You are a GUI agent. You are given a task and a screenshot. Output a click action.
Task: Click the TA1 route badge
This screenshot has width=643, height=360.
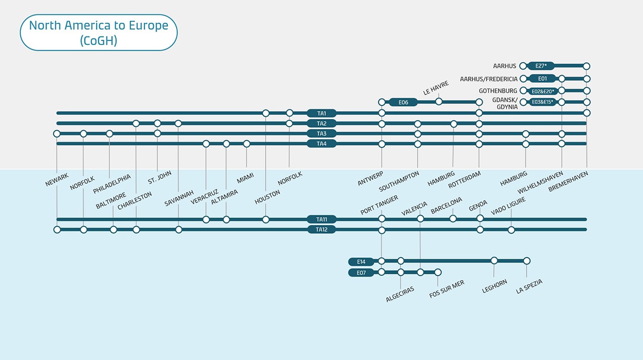click(321, 113)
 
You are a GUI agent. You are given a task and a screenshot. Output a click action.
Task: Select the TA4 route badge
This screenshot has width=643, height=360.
click(321, 143)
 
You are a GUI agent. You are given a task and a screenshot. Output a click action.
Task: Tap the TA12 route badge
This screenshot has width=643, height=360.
click(321, 230)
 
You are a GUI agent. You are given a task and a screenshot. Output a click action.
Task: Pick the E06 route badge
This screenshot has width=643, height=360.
click(403, 102)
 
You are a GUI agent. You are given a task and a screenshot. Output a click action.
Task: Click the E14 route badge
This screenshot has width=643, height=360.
click(361, 261)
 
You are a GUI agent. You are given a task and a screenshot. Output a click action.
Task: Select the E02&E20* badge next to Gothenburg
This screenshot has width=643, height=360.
click(542, 91)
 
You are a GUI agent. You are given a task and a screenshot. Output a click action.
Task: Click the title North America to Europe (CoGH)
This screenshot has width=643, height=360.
click(99, 32)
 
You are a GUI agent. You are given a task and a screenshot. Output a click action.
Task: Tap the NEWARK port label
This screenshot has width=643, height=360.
click(57, 180)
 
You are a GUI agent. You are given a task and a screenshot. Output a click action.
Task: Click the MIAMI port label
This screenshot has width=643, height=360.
click(245, 178)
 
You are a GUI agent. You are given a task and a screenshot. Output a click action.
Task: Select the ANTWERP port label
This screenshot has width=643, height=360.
click(371, 178)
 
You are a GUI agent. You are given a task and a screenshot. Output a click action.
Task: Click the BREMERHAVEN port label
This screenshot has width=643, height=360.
click(568, 182)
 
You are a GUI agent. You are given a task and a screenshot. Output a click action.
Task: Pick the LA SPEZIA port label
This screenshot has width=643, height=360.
click(529, 286)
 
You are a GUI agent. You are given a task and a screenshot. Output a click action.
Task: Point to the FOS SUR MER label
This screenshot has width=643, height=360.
click(446, 289)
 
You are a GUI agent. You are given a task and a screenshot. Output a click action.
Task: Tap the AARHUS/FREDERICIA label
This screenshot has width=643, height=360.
click(489, 79)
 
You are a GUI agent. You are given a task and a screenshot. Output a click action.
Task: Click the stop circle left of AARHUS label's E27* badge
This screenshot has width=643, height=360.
click(523, 66)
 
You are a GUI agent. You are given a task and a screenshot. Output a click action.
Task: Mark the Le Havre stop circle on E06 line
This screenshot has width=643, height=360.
click(439, 102)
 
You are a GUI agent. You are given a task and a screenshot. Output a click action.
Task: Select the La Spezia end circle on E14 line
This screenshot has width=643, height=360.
click(527, 261)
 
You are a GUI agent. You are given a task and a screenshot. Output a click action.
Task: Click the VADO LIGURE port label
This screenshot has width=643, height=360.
click(508, 207)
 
